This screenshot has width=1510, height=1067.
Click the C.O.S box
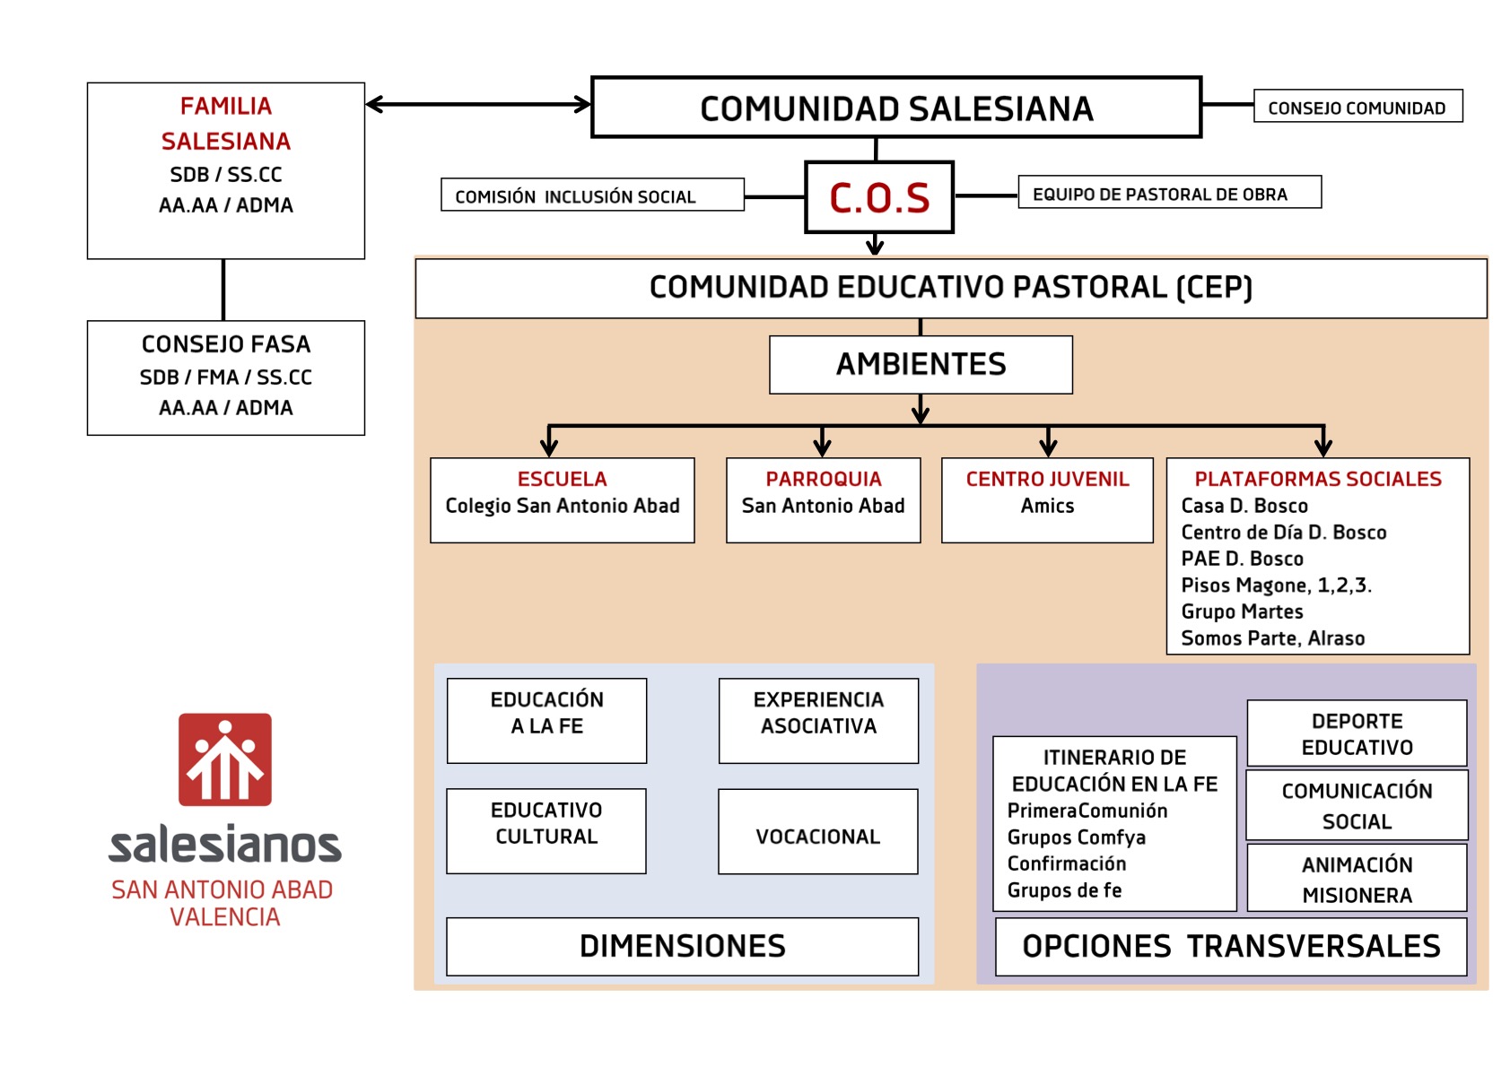[878, 197]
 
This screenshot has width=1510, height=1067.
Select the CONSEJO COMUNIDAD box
[1357, 107]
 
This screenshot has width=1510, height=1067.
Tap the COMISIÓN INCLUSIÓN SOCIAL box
[592, 195]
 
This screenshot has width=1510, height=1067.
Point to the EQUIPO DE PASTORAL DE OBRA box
[1169, 193]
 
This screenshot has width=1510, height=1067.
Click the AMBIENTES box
[921, 364]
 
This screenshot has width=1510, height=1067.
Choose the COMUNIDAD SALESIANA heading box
[895, 108]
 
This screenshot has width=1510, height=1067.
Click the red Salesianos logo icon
[224, 759]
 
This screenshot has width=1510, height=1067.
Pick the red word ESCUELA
[562, 479]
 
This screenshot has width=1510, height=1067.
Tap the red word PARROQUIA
[823, 479]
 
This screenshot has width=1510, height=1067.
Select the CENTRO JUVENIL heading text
[1047, 479]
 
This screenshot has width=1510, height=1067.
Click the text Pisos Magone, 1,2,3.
[1276, 586]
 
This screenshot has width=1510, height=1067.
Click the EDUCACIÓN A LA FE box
[546, 720]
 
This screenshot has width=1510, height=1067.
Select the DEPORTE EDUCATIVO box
[1357, 733]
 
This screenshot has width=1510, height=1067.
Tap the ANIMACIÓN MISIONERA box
[1357, 879]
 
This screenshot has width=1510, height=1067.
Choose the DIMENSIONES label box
[682, 946]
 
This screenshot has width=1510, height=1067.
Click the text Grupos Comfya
[1076, 837]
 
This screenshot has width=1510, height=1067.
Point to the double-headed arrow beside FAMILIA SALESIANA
[478, 104]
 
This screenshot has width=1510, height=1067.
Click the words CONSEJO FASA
[226, 344]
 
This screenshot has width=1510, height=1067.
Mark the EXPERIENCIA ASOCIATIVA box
[817, 720]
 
